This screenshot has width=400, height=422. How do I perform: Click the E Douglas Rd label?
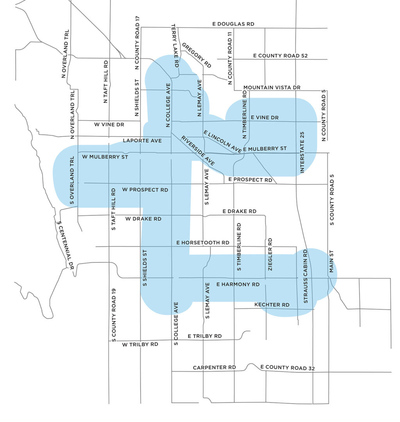[233, 24]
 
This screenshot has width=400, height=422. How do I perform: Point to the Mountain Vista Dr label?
[271, 87]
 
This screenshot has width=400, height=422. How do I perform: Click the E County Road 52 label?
[280, 56]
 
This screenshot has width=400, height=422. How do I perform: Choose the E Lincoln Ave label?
[222, 141]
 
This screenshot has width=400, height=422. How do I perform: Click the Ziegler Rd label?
[270, 254]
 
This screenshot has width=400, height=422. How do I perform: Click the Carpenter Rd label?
[214, 367]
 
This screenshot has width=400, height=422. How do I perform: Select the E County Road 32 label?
[287, 367]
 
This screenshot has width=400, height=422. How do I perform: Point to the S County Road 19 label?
[113, 315]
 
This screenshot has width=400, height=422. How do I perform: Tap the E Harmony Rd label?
[237, 284]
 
